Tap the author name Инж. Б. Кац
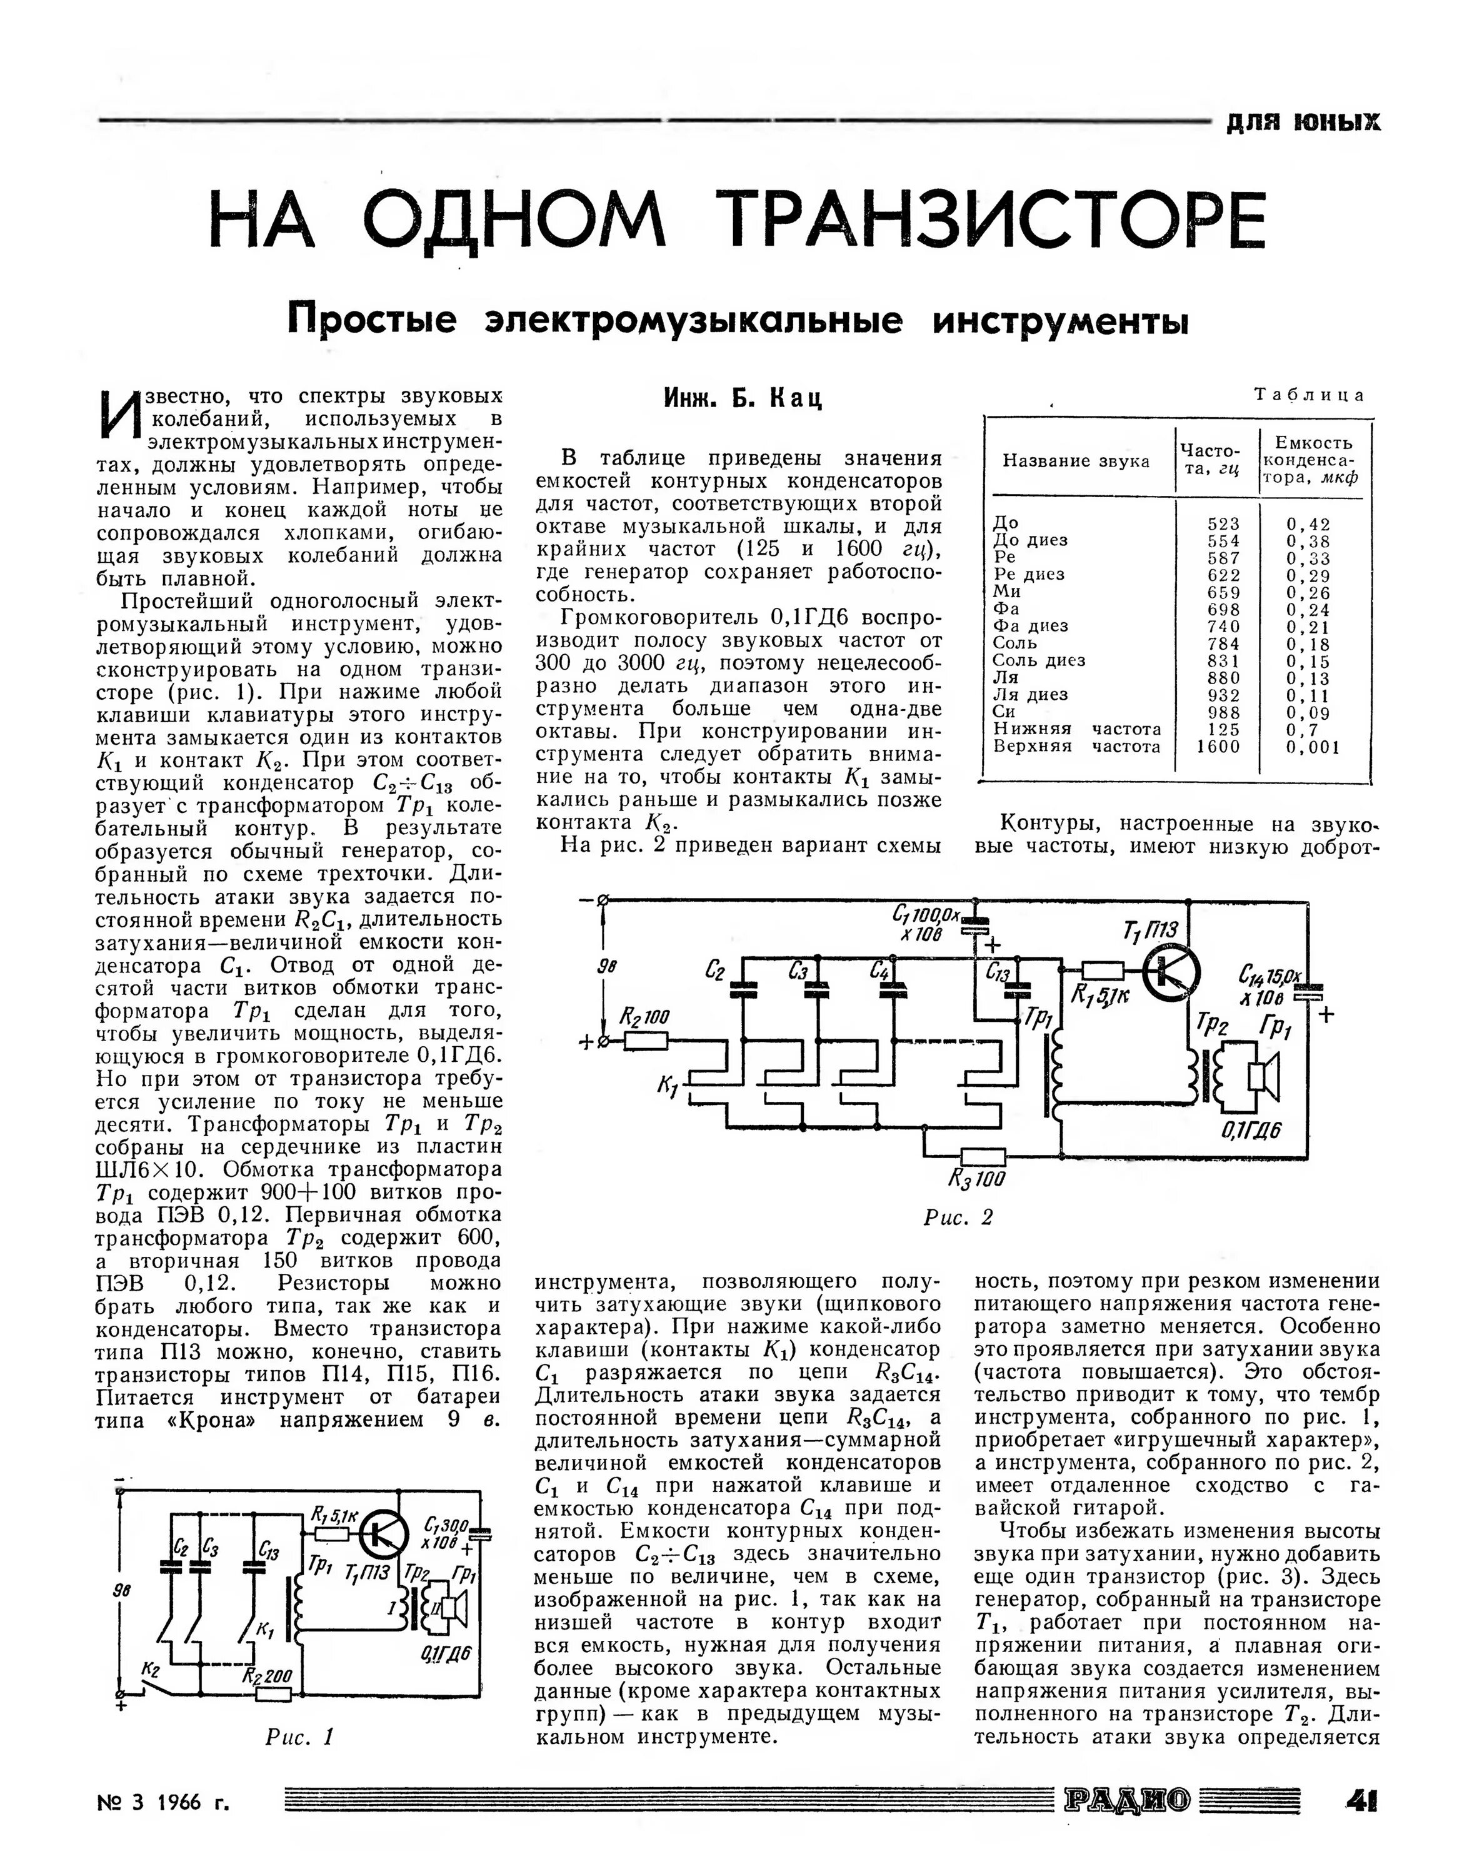point(743,398)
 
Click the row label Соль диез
point(1039,661)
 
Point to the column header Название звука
point(1076,461)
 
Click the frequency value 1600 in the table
point(1219,747)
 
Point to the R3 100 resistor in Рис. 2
point(983,1156)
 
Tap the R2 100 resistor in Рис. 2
point(644,1041)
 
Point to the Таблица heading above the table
point(1309,396)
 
